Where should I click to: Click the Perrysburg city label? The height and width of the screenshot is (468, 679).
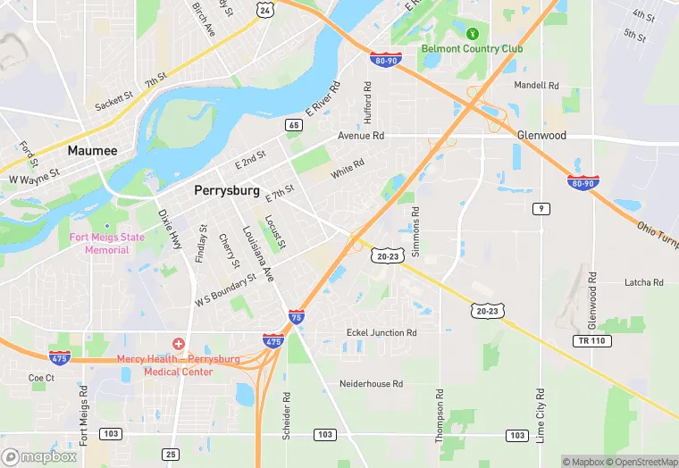point(227,190)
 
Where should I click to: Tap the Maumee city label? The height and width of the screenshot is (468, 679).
point(93,151)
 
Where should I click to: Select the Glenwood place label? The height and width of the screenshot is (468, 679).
point(541,135)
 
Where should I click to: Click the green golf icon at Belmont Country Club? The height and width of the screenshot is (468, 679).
point(474,35)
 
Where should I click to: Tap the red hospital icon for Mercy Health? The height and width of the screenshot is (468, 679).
point(179,344)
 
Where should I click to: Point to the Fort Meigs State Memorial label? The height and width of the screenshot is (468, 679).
point(106,243)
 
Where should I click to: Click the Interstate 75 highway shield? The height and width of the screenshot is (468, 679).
point(296,317)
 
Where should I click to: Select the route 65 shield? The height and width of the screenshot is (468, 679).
point(293,125)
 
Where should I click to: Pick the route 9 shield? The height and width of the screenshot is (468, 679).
point(541,208)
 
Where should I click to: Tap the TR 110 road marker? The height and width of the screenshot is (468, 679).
point(587,341)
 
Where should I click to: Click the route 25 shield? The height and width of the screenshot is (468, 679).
point(171,455)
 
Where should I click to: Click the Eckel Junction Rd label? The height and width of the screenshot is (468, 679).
point(381,333)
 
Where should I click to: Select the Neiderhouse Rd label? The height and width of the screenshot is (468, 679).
point(371,384)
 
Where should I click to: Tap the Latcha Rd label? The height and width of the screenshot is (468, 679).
point(644,282)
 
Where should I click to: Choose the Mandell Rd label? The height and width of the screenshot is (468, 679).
point(536,86)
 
